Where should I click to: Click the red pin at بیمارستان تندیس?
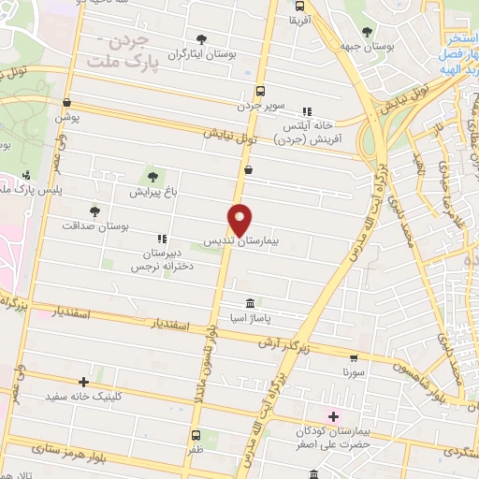(240, 219)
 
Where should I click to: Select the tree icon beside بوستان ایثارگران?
(202, 39)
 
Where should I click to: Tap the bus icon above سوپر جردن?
(261, 92)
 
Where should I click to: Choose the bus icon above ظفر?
(196, 435)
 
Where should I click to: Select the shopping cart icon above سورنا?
(353, 357)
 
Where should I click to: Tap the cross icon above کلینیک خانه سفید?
(84, 382)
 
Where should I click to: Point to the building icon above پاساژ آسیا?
(250, 304)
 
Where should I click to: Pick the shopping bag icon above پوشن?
(65, 103)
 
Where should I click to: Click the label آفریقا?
(299, 19)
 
